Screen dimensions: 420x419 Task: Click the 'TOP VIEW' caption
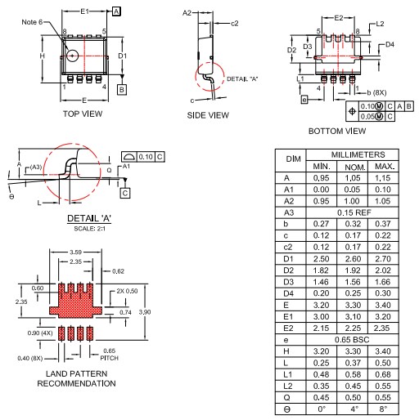83,114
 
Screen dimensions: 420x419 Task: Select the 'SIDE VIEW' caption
208,115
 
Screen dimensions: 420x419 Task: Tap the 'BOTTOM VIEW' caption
336,130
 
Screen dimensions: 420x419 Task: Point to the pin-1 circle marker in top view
73,56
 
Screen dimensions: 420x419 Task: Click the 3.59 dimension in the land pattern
74,252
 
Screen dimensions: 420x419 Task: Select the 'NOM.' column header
353,166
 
